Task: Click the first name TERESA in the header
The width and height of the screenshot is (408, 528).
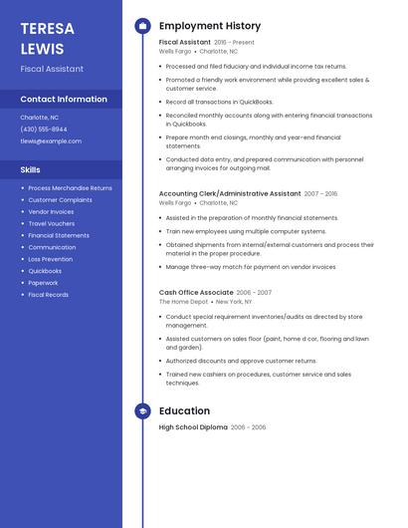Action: (x=47, y=29)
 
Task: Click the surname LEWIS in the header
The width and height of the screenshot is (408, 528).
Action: (x=42, y=49)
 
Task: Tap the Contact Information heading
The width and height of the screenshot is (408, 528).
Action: (x=64, y=100)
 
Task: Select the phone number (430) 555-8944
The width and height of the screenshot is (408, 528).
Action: (x=44, y=130)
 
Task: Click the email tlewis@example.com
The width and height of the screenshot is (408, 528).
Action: (x=51, y=141)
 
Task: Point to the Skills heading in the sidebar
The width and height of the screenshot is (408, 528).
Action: (x=31, y=170)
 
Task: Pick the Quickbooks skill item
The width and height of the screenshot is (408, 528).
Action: (x=45, y=271)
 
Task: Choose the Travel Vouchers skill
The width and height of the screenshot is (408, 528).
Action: (x=52, y=223)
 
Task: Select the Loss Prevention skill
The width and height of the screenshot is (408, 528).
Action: (x=51, y=259)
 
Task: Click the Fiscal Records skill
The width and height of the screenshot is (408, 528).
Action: (x=49, y=295)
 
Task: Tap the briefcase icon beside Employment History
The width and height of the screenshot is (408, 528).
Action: (x=143, y=26)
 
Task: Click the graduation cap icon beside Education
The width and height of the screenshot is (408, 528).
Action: (x=143, y=410)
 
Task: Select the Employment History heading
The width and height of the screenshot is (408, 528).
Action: (x=210, y=26)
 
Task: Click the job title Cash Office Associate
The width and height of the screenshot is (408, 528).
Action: (x=196, y=293)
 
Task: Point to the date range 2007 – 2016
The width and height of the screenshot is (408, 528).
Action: (x=320, y=194)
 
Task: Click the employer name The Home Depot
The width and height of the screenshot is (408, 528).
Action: (x=184, y=302)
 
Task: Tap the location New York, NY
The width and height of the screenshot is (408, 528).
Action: (x=234, y=302)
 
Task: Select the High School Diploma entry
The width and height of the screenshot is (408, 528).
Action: (x=193, y=427)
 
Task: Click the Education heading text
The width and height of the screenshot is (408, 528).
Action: (x=184, y=410)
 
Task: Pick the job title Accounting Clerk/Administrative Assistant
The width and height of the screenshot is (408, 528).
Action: (x=230, y=194)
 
